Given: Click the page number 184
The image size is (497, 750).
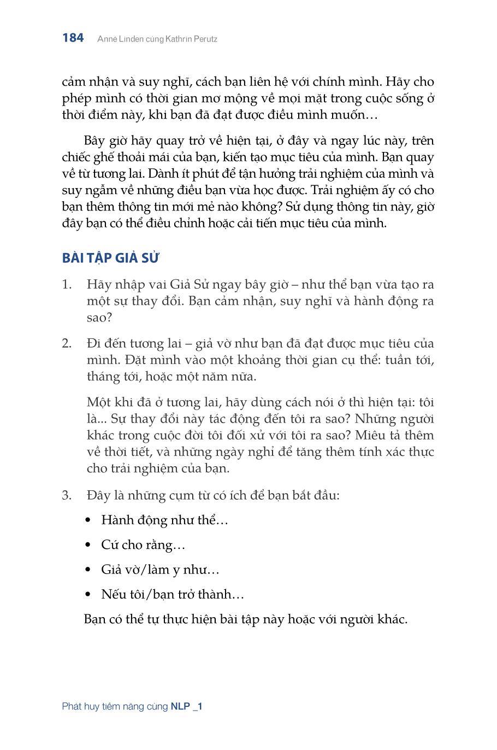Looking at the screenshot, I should coord(73,38).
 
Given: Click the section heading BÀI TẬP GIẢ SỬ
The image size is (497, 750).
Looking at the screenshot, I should coord(110,258).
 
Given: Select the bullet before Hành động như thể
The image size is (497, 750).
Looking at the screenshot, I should coord(88,520).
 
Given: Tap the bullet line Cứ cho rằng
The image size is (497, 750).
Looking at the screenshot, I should coord(143,545).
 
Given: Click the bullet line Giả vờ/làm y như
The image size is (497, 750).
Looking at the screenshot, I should coord(160,570).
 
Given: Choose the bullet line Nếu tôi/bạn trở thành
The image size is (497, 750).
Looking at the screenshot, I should coord(173,594).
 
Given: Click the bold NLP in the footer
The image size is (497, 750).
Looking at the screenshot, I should coord(180,706).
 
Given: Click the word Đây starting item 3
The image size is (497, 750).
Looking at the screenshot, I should coord(98,496).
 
